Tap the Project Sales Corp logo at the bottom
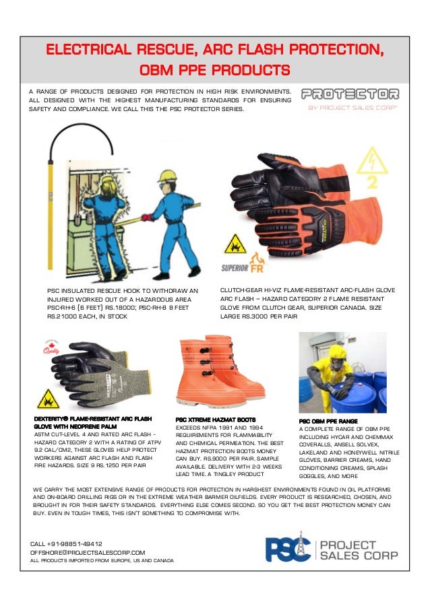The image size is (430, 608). tap(331, 549)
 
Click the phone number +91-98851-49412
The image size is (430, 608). tap(66, 543)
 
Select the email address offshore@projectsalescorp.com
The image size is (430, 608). tap(88, 551)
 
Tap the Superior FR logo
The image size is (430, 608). tap(246, 260)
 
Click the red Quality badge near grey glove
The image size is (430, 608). tap(51, 348)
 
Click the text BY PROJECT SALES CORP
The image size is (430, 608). tap(352, 107)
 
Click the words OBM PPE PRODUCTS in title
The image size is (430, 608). tap(214, 70)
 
